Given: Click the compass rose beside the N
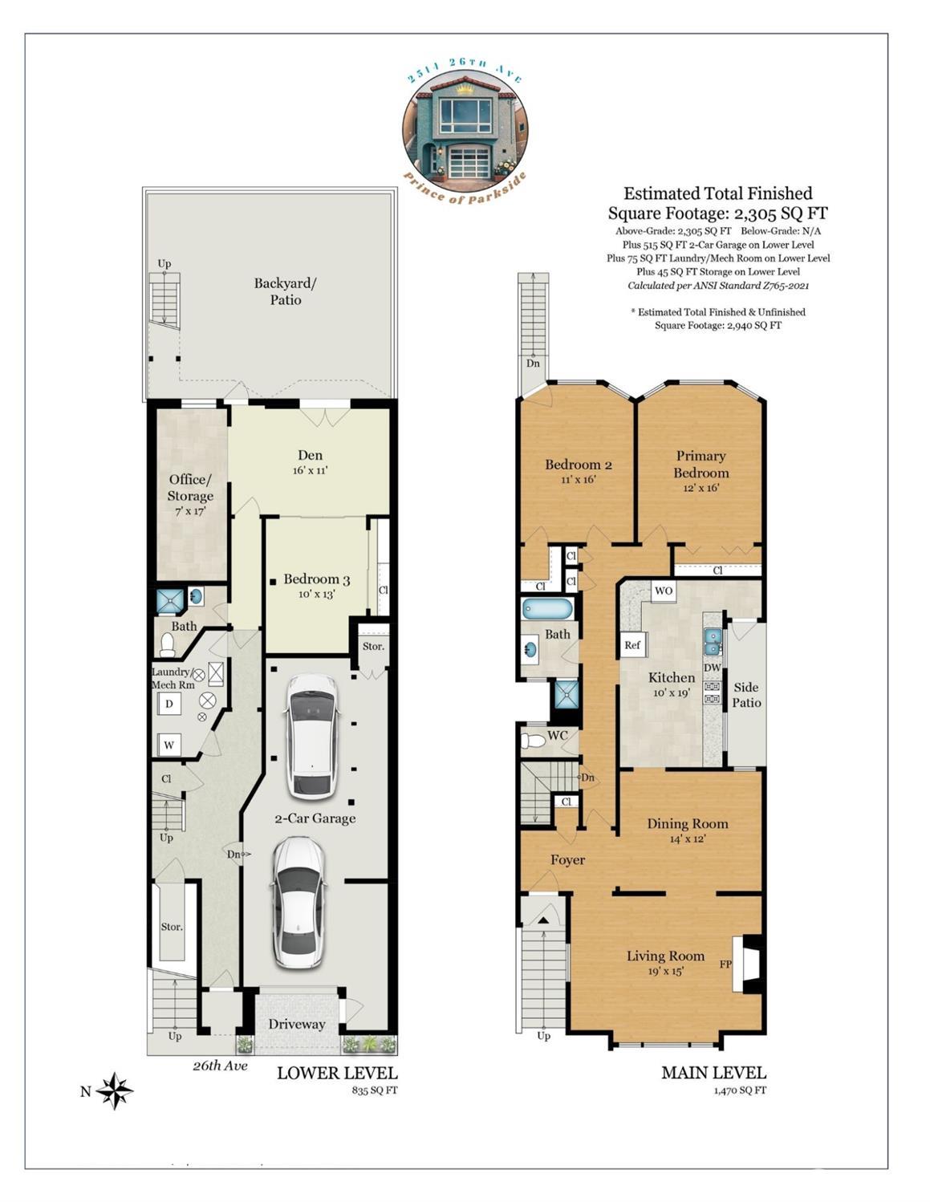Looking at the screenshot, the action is pos(115,1090).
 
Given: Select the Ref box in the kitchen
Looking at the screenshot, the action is pos(632,644).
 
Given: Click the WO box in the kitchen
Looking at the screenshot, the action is pos(664,591).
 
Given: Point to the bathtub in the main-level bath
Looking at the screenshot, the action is pos(547,610).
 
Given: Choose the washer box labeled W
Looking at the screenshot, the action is pos(169,745).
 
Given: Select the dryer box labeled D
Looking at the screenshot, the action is pos(169,704).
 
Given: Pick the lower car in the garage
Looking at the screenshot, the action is pos(298,904).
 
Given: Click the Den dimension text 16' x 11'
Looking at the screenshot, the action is pos(311,471).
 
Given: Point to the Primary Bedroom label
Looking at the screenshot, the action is pos(701,464).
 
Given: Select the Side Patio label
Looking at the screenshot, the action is pos(746,695).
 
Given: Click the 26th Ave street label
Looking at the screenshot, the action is pos(220,1066).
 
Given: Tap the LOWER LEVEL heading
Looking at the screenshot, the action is pos(337,1073).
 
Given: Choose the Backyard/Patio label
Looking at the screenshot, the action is pos(286,291).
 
